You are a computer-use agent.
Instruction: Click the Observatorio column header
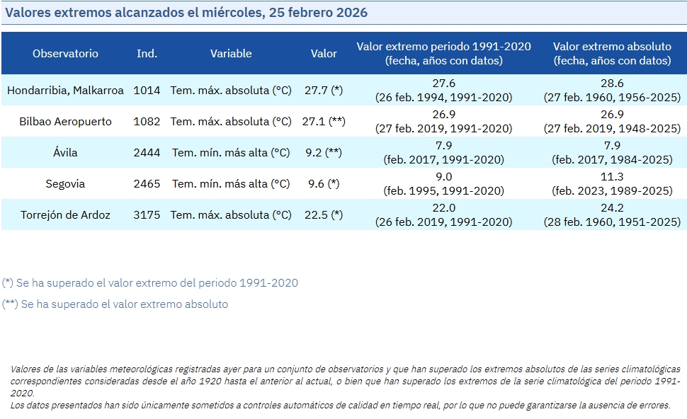[x=65, y=54]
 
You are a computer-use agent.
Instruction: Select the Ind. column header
[x=147, y=54]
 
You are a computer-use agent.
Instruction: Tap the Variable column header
[x=231, y=54]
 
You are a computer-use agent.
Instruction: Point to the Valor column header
[x=324, y=54]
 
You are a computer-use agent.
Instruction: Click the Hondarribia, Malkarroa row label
[x=65, y=91]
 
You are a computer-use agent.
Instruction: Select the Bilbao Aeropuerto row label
[x=65, y=122]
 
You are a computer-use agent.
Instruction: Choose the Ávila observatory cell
[x=65, y=153]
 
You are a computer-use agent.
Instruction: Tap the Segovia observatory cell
[x=65, y=184]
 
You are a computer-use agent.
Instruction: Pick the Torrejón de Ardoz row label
[x=65, y=215]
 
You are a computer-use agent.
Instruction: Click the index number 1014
[x=147, y=91]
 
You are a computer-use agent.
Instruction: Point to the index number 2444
[x=147, y=153]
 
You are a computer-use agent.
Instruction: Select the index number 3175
[x=147, y=215]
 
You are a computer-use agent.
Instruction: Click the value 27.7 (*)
[x=324, y=91]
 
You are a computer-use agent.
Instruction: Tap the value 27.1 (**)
[x=324, y=122]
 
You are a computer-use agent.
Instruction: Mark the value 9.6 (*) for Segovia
[x=324, y=184]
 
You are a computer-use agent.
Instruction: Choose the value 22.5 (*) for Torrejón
[x=324, y=215]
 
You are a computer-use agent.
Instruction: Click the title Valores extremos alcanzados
[x=186, y=13]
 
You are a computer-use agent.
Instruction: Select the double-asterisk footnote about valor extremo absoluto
[x=115, y=304]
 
